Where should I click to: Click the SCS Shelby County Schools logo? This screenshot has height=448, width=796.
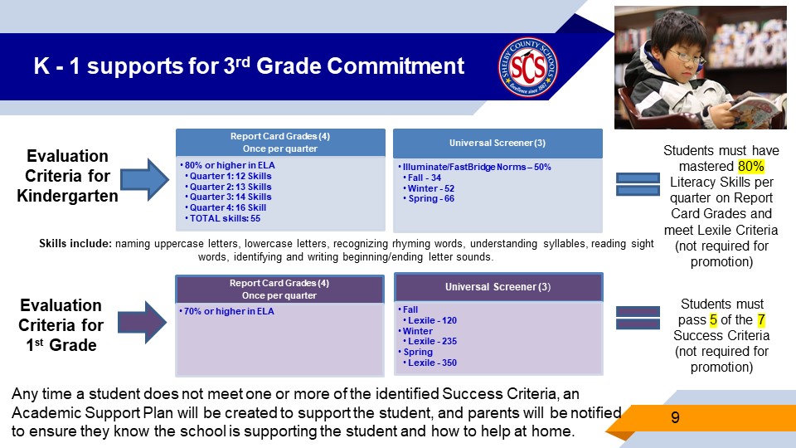[x=528, y=66]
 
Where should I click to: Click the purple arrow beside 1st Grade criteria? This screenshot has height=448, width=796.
[x=142, y=322]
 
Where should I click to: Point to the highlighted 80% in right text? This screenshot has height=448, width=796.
[x=751, y=166]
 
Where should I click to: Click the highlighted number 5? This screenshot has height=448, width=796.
[x=713, y=319]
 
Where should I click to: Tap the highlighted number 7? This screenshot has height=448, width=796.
[x=761, y=319]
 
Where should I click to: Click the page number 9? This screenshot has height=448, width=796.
[x=675, y=417]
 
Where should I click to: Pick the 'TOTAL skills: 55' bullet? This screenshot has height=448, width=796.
[x=225, y=218]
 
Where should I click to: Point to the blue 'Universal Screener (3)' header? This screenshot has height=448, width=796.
[x=498, y=144]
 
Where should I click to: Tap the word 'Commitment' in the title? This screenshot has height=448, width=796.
[x=396, y=66]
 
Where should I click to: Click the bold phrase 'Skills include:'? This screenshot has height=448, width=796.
[x=75, y=244]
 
